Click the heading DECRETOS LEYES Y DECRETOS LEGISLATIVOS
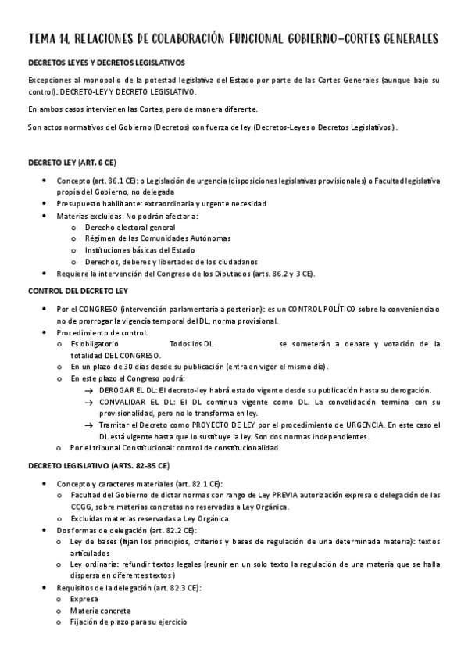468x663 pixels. pyautogui.click(x=106, y=63)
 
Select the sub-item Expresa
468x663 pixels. pyautogui.click(x=85, y=599)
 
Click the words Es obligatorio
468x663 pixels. pyautogui.click(x=95, y=344)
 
